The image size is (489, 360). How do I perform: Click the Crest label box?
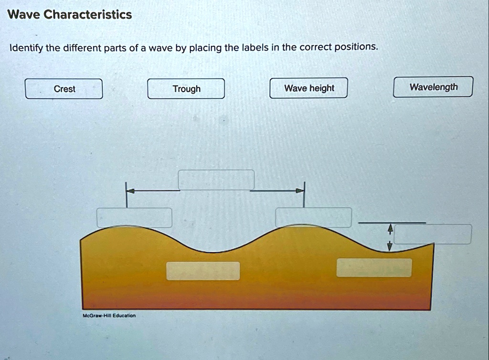[x=64, y=89]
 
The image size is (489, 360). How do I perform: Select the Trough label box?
[x=186, y=89]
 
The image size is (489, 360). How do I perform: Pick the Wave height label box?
[x=308, y=88]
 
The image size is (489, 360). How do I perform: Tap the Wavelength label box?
[x=433, y=87]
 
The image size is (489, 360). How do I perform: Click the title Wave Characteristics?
[x=70, y=15]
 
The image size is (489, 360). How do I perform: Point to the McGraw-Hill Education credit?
[x=109, y=316]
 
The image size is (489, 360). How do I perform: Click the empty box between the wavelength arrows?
[x=216, y=180]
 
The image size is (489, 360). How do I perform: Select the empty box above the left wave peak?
[x=134, y=218]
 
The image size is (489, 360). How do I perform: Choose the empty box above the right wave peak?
[x=313, y=217]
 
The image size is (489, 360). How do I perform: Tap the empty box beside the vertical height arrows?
[x=433, y=234]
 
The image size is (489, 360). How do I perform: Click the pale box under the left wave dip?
[x=203, y=271]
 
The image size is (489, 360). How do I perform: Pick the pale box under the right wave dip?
[x=374, y=267]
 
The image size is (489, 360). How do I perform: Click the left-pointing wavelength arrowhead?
[x=130, y=191]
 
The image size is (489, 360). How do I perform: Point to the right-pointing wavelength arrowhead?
[x=299, y=191]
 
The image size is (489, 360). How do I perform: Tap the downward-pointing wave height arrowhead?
[x=390, y=246]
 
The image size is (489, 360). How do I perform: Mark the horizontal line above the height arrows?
[x=392, y=222]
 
